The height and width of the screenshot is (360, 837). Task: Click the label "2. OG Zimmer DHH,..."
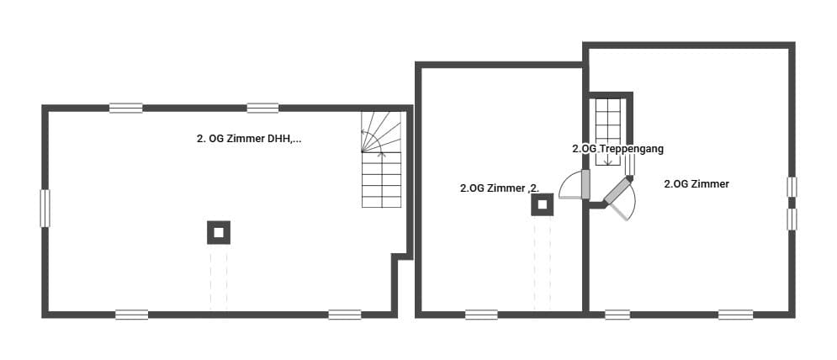coord(249,139)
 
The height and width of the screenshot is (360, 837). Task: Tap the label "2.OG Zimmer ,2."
coord(500,188)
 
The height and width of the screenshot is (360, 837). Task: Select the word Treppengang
coord(632,149)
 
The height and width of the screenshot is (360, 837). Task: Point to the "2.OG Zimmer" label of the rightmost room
coord(697,183)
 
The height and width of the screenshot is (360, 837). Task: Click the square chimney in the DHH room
coord(219,232)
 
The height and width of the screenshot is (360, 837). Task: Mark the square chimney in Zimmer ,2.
coord(543,204)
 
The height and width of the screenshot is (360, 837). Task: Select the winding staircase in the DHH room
coord(381,159)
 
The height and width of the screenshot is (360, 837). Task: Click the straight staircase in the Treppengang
coord(607,132)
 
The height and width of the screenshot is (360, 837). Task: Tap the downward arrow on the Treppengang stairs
coord(607,158)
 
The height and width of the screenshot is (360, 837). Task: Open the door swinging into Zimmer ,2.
coord(574,185)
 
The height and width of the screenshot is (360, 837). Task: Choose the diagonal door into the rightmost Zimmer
coord(619,199)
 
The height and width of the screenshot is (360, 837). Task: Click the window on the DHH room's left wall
coord(45,209)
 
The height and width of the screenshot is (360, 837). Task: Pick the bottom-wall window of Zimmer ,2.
coord(481,315)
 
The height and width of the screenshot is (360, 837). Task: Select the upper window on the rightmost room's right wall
coord(792,187)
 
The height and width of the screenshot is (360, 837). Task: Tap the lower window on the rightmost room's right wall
coord(792,219)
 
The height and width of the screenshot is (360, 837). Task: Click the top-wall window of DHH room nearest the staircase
coord(262,108)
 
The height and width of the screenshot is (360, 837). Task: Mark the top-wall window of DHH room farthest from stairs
coord(126,108)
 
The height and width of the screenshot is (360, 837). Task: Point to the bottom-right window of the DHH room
coord(345,315)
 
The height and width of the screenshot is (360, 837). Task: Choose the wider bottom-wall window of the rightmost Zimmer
coord(735,315)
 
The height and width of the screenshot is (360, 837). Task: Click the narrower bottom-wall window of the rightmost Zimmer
coord(617,315)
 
